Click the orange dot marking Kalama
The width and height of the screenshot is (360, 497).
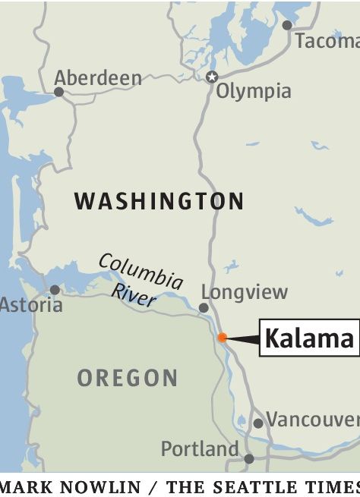tap(222, 338)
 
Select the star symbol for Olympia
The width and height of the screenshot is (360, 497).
tap(212, 77)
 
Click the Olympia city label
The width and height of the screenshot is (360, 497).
tap(254, 92)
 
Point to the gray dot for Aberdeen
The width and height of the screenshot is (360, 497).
tap(58, 92)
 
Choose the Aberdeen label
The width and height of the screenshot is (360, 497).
tap(98, 77)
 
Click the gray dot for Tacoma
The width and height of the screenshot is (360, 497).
tap(287, 25)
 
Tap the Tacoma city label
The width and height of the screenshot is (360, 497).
tap(327, 41)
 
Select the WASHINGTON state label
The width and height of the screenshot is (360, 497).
tap(159, 201)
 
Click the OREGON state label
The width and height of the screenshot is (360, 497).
tap(128, 378)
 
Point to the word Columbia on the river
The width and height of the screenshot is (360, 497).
tap(141, 271)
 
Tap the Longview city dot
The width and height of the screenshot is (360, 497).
tap(204, 307)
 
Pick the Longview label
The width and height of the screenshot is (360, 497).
tap(245, 292)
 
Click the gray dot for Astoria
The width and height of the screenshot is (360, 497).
tap(55, 289)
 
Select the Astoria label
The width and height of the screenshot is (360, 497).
tap(30, 305)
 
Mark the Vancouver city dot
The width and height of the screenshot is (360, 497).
tap(258, 423)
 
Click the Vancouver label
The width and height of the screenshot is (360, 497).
tap(312, 420)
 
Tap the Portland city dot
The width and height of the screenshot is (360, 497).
tap(249, 458)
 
